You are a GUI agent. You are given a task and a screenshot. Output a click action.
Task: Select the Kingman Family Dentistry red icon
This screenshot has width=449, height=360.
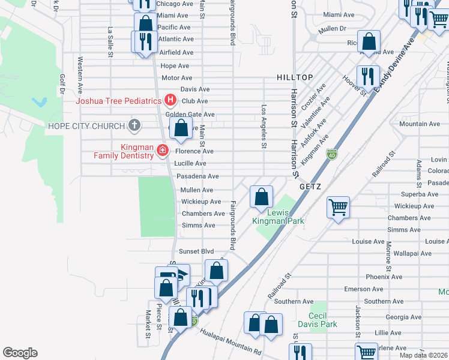tap(162, 150)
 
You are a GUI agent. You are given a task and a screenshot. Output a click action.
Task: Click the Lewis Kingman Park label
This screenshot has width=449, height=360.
tap(285, 217)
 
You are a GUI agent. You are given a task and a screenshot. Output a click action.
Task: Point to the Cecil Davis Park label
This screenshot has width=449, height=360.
tap(322, 320)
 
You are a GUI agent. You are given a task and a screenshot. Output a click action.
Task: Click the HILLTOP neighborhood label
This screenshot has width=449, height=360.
tap(295, 77)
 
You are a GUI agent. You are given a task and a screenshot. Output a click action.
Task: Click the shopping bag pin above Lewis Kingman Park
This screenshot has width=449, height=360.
tap(261, 197)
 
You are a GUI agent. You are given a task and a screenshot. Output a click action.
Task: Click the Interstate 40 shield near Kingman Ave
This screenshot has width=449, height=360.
tap(332, 155)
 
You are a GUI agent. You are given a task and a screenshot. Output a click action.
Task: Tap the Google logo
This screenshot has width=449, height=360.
tap(20, 352)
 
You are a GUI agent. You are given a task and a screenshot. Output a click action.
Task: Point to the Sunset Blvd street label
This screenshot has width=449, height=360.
tap(196, 251)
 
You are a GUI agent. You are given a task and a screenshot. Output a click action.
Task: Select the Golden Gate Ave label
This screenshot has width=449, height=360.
tap(190, 114)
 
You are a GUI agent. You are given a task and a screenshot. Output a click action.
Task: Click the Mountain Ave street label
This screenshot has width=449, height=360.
tap(420, 124)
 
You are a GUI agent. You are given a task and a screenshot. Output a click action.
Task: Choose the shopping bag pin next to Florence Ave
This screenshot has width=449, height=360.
tap(181, 128)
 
